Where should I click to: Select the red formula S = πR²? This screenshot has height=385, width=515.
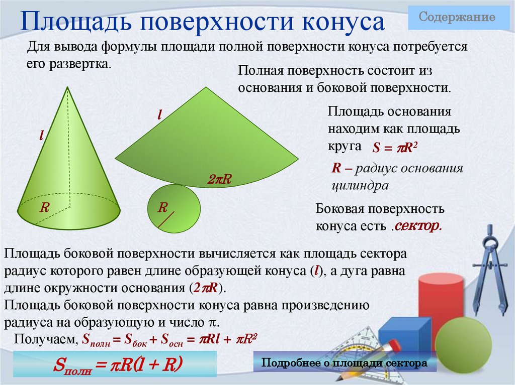396,149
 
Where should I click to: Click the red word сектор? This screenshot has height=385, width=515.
417,226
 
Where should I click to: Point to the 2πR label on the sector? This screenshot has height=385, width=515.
219,179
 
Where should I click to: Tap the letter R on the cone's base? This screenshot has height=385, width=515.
44,207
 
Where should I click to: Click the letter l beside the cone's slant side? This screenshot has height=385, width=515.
43,135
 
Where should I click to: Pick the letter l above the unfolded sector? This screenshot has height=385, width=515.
159,114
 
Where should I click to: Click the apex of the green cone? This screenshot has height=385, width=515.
67,87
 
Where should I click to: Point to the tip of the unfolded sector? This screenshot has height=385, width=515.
206,88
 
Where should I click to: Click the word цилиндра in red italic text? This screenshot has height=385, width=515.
360,185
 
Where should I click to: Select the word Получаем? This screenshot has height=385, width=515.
45,339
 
